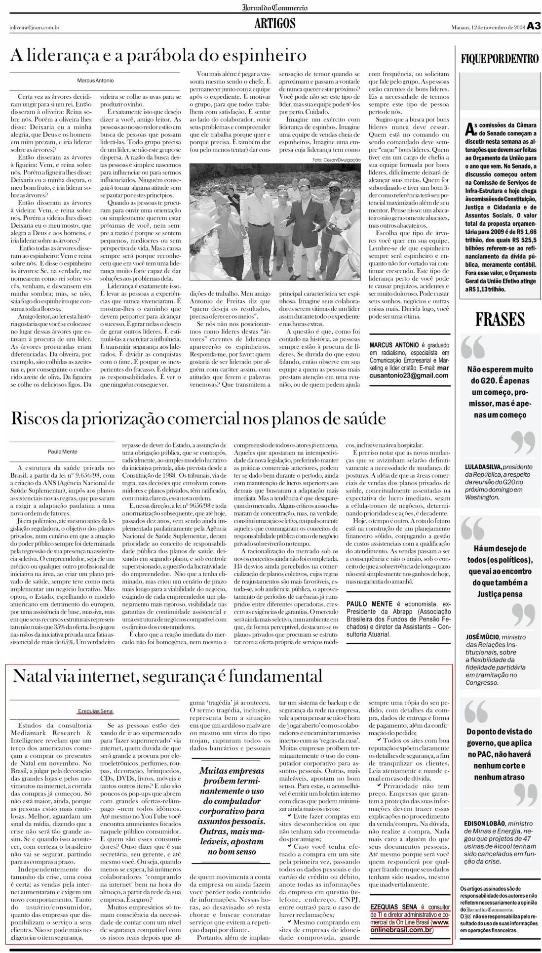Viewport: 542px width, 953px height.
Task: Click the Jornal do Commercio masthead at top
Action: [x=275, y=7]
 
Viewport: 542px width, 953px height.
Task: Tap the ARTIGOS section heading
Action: [x=275, y=23]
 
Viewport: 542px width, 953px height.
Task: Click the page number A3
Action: [x=534, y=27]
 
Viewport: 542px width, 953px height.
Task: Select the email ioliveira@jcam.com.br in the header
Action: [x=35, y=28]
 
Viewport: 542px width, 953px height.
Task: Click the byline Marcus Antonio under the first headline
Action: [x=95, y=80]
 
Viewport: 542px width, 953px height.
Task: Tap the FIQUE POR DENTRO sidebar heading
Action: [x=500, y=59]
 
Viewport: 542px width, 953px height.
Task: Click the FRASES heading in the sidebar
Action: [x=500, y=320]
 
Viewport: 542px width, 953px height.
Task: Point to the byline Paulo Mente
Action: [x=63, y=451]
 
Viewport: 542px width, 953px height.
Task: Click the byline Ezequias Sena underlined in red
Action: [x=95, y=711]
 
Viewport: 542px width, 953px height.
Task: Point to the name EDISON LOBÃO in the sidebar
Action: [x=485, y=823]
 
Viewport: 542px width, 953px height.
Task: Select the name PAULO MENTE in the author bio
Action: [x=370, y=604]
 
